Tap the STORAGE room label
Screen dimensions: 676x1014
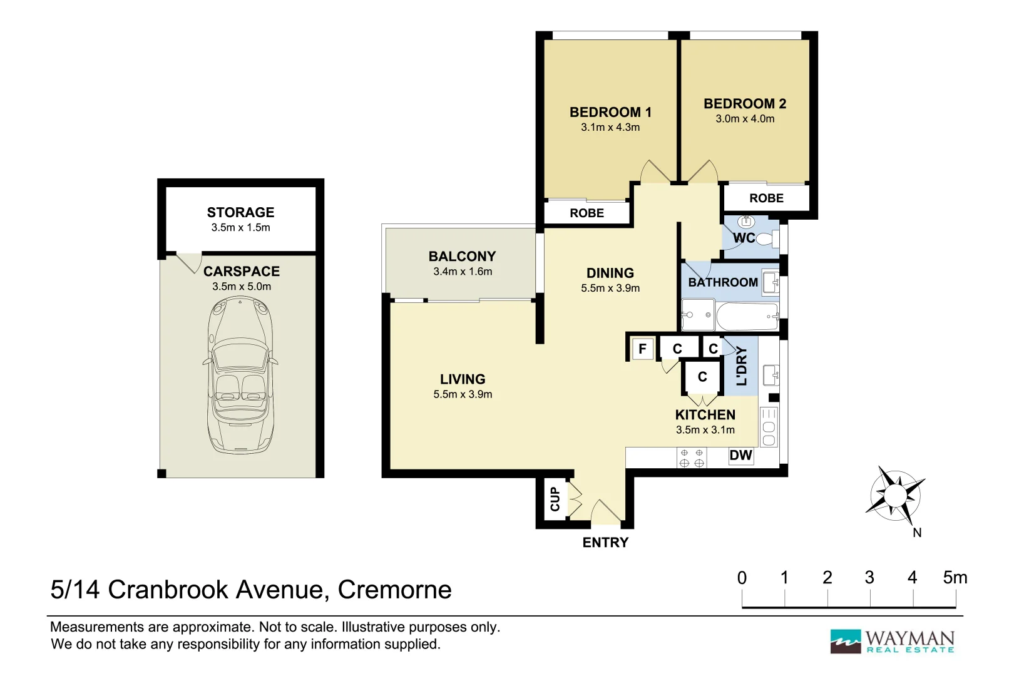point(240,212)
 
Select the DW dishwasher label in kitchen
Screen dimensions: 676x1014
point(740,456)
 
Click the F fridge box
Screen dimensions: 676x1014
point(642,349)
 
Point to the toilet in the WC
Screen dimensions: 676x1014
point(767,238)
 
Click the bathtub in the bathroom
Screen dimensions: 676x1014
point(747,317)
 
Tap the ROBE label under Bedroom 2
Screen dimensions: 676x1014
point(766,198)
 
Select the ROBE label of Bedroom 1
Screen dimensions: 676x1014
point(586,213)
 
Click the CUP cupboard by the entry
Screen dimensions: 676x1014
point(555,499)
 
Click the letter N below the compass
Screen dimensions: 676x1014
point(917,533)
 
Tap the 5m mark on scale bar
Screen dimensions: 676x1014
point(955,578)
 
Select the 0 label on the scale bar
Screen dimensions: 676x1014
point(742,578)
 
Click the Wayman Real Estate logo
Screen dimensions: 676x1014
point(892,642)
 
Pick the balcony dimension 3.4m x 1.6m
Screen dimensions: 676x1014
point(463,272)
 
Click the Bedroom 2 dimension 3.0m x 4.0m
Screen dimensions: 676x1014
point(745,119)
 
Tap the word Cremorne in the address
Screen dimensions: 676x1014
point(394,590)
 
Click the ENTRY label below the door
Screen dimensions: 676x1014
point(605,543)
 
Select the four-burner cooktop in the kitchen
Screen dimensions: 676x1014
point(692,458)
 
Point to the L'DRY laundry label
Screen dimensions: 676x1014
point(742,366)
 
